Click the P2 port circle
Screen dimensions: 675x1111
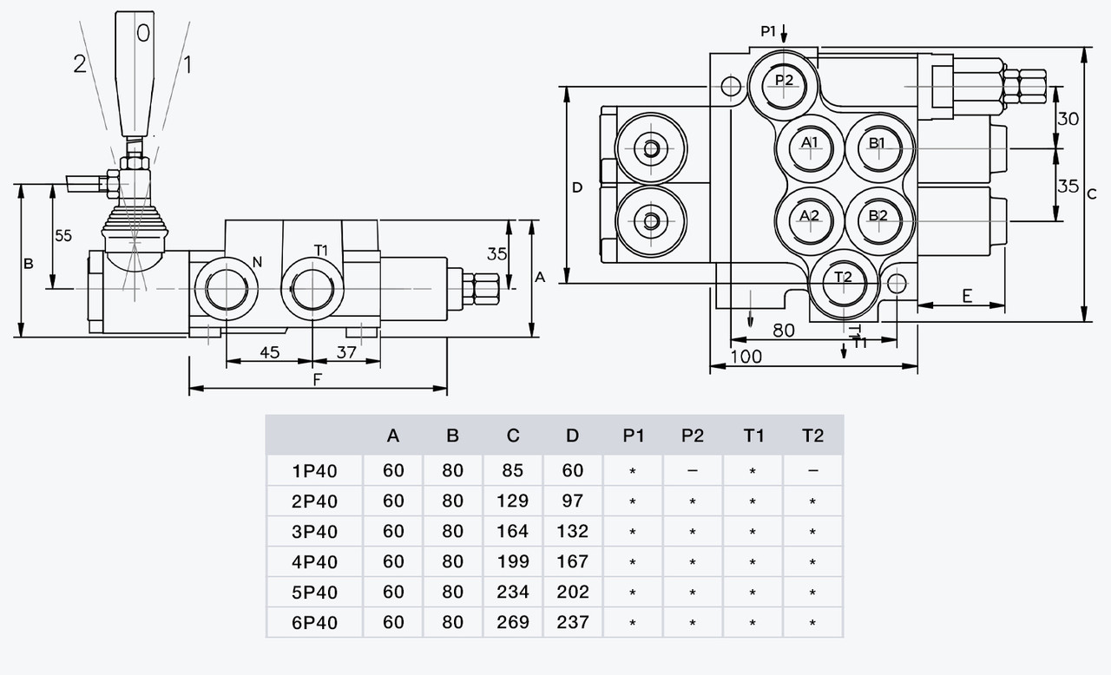pyautogui.click(x=785, y=82)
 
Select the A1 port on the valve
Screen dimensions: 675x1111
pyautogui.click(x=810, y=147)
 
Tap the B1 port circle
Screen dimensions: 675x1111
pyautogui.click(x=878, y=147)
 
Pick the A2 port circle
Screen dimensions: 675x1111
pyautogui.click(x=810, y=218)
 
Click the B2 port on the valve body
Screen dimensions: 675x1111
pyautogui.click(x=878, y=218)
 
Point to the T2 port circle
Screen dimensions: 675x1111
pyautogui.click(x=843, y=281)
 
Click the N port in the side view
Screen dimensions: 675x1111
pyautogui.click(x=226, y=288)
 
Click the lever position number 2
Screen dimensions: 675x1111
pyautogui.click(x=80, y=64)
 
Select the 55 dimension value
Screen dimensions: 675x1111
pyautogui.click(x=62, y=235)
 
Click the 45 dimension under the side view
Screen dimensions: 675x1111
pyautogui.click(x=269, y=352)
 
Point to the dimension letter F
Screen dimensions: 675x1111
pyautogui.click(x=317, y=379)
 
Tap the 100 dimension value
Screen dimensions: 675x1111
pyautogui.click(x=746, y=357)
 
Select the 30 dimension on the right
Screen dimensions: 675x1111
pyautogui.click(x=1068, y=119)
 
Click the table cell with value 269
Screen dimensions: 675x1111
pyautogui.click(x=513, y=622)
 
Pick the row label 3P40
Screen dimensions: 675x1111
pyautogui.click(x=315, y=531)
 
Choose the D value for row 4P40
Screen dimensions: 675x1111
pyautogui.click(x=572, y=561)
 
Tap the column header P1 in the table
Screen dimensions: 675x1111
pyautogui.click(x=634, y=436)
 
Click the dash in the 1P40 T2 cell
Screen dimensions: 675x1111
pyautogui.click(x=812, y=471)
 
